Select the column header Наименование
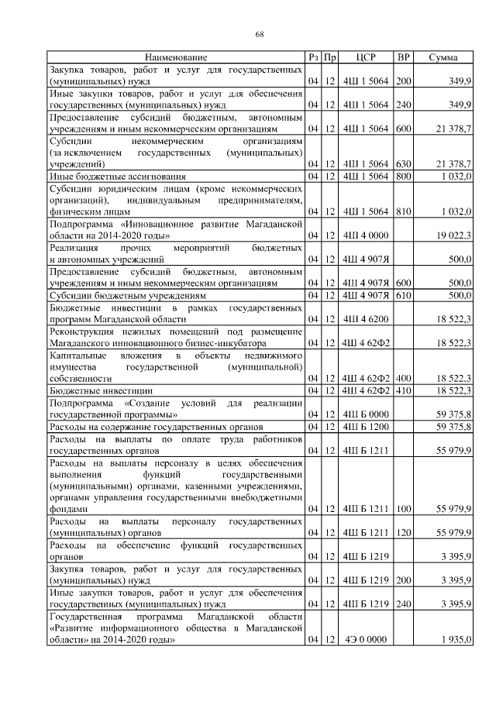tap(176, 57)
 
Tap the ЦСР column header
tap(365, 57)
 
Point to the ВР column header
tap(403, 57)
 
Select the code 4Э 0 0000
tap(365, 641)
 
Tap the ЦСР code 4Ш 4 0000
tap(365, 235)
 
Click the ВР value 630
tap(403, 165)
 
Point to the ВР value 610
tap(403, 295)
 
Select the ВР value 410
tap(403, 390)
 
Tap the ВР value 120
tap(403, 534)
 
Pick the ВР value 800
tap(403, 177)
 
